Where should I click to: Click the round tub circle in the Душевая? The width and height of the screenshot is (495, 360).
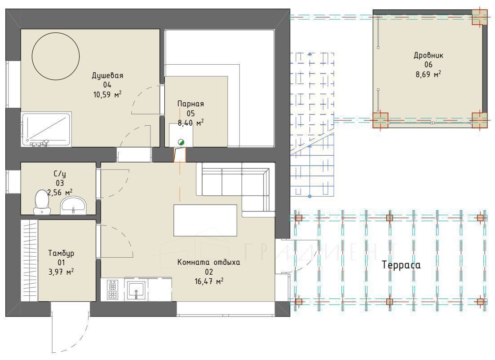click(56, 33)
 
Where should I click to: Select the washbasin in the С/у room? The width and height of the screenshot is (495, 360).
click(73, 205)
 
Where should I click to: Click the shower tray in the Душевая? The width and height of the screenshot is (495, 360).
click(46, 129)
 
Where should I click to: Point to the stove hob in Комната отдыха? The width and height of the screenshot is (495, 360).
click(113, 290)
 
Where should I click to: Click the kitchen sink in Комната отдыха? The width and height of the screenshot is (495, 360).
click(136, 290)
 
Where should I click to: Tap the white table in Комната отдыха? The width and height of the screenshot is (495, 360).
click(205, 220)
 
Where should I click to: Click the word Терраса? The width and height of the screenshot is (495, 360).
click(401, 265)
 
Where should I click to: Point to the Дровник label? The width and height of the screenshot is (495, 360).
click(429, 56)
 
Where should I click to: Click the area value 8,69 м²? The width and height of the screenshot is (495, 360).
click(429, 75)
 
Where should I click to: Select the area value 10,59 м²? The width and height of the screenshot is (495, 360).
click(107, 94)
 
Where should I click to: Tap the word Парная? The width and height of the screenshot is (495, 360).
click(190, 104)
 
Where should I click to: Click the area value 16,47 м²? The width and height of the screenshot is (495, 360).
click(209, 281)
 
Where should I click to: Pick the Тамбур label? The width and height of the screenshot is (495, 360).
click(61, 253)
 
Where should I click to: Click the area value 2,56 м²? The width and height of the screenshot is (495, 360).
click(60, 192)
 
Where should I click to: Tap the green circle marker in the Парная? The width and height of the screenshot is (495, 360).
click(181, 142)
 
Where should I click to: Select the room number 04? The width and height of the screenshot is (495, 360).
click(107, 84)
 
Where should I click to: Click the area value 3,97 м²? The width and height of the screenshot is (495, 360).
click(61, 272)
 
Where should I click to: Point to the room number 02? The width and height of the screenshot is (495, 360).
click(209, 272)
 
